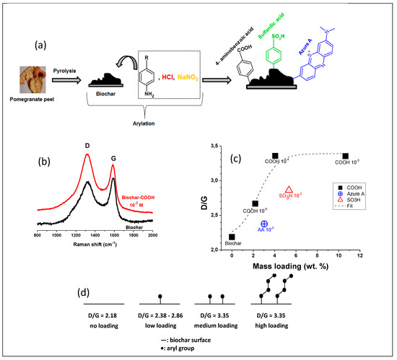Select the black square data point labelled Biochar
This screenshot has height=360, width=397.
pos(232,237)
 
